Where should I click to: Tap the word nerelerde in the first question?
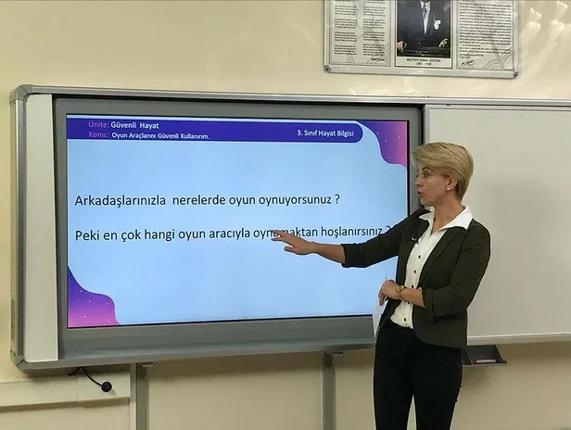pos(202,199)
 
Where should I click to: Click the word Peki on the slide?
pos(88,235)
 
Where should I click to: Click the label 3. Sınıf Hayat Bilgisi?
pos(326,133)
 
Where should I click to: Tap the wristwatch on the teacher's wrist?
pos(400,290)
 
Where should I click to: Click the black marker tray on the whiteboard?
pos(485,355)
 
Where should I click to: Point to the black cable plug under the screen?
pos(106,385)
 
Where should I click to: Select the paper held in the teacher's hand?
pos(379,316)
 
